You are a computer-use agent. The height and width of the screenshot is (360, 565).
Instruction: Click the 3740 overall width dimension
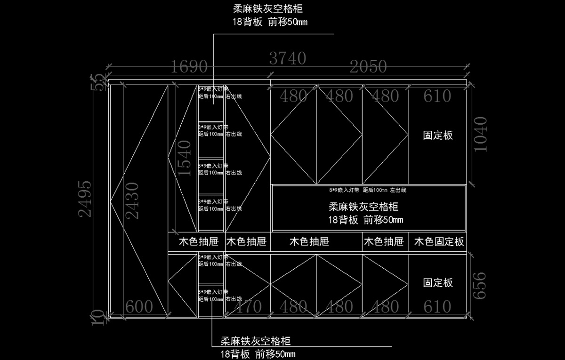click(288, 58)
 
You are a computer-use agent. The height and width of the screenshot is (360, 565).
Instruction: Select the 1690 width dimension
click(189, 67)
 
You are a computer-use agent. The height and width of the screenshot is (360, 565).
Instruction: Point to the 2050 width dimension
click(368, 67)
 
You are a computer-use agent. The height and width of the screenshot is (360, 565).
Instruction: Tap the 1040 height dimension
click(481, 134)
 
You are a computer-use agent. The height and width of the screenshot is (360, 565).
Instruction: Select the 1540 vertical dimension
click(184, 158)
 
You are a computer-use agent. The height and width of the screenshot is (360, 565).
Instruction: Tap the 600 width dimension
click(139, 307)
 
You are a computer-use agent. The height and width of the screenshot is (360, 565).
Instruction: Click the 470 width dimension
click(248, 307)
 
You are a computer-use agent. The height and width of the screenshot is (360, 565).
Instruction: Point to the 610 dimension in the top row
click(437, 96)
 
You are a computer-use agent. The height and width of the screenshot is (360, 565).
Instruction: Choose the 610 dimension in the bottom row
click(437, 307)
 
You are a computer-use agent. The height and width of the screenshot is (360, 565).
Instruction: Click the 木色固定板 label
click(439, 242)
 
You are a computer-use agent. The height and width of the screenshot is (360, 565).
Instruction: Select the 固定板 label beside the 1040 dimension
click(438, 136)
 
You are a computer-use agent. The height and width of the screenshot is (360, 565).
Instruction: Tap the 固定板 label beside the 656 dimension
click(438, 282)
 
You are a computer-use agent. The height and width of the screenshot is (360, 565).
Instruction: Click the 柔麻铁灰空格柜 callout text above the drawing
click(267, 9)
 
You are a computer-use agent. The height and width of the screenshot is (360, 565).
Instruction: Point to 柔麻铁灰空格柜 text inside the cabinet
click(363, 207)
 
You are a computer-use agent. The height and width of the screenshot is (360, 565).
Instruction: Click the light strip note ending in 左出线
click(367, 191)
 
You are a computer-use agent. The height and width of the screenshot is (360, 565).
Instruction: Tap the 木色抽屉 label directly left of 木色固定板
click(383, 242)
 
